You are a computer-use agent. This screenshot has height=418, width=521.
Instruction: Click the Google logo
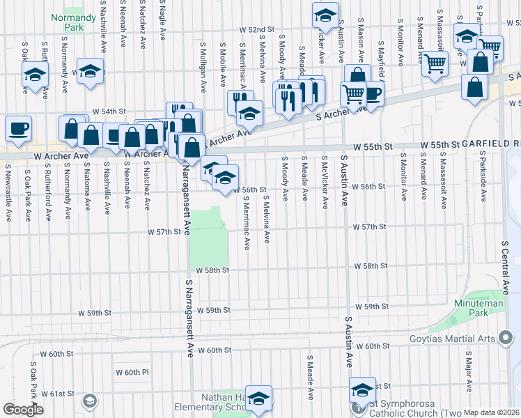pyautogui.click(x=23, y=409)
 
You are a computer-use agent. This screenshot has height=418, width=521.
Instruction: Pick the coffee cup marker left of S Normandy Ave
pyautogui.click(x=18, y=128)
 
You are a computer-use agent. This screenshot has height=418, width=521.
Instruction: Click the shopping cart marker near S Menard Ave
pyautogui.click(x=435, y=64)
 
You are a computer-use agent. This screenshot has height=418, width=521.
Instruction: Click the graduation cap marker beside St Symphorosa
pyautogui.click(x=362, y=391)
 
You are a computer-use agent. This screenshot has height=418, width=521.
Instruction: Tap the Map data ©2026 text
pyautogui.click(x=492, y=412)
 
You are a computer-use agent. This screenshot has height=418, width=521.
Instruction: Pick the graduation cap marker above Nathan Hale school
pyautogui.click(x=258, y=399)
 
